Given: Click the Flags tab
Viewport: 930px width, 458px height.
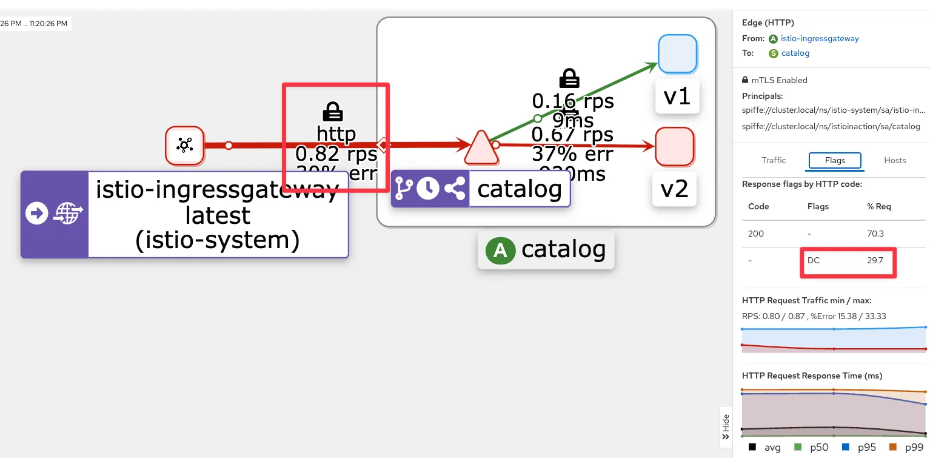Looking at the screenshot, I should [x=835, y=160].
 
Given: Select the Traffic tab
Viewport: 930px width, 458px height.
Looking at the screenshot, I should [x=774, y=160].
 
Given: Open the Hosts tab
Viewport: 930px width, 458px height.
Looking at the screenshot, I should [x=895, y=160].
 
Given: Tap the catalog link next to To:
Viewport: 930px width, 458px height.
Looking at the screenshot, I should [x=795, y=53].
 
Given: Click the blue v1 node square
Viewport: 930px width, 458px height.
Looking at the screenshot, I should [x=677, y=53].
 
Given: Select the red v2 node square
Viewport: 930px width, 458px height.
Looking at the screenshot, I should [x=674, y=146].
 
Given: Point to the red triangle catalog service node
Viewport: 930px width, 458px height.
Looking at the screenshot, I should [x=481, y=148].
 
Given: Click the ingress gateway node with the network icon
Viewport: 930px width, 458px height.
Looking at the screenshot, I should [x=185, y=145].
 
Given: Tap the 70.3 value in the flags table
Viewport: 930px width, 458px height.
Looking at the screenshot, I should [x=875, y=234].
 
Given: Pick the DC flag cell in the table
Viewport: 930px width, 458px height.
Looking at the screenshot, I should [x=813, y=260].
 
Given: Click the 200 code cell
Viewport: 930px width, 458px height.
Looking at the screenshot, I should [x=756, y=234].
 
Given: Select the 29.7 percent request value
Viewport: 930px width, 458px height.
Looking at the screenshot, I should [x=875, y=260].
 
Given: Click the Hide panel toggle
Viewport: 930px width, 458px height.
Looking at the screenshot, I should [x=725, y=427].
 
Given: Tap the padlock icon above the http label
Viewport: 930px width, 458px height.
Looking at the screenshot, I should [x=332, y=112].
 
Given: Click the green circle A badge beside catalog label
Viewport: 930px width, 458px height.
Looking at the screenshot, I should [x=500, y=250].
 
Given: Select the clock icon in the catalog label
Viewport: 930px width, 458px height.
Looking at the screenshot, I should [x=428, y=189].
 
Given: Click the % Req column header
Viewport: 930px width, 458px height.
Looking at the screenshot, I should [x=879, y=206].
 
